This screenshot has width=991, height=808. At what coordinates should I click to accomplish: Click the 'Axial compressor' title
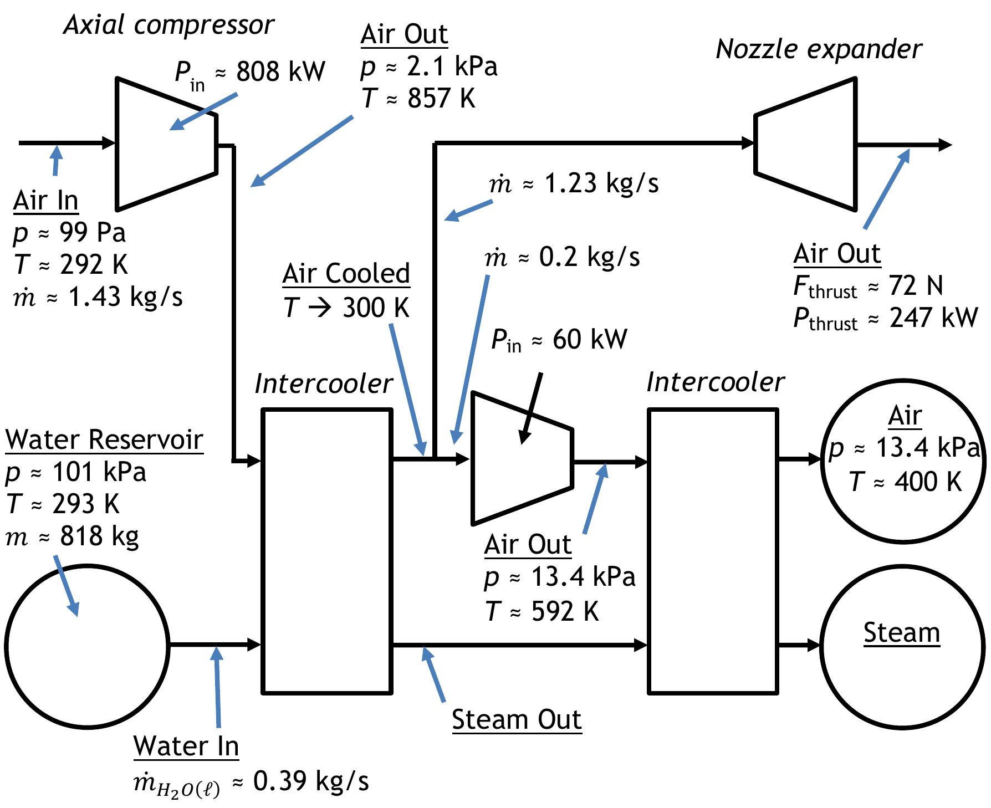(168, 25)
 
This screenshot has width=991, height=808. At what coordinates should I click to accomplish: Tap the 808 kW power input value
(280, 72)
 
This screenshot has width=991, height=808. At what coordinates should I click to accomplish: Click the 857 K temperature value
(441, 99)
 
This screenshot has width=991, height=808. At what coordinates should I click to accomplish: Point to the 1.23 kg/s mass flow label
(601, 183)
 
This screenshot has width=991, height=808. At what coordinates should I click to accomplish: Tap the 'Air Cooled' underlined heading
(346, 274)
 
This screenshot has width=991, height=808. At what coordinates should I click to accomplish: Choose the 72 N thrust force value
(915, 286)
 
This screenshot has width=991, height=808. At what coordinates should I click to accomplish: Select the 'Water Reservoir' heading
(104, 440)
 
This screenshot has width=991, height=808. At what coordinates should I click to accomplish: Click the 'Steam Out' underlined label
(516, 720)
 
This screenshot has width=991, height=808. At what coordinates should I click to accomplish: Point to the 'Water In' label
(186, 746)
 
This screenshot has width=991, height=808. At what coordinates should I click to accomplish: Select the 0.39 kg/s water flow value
(310, 781)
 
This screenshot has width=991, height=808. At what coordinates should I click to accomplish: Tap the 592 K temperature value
(565, 611)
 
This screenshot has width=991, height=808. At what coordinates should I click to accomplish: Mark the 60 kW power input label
(589, 339)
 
